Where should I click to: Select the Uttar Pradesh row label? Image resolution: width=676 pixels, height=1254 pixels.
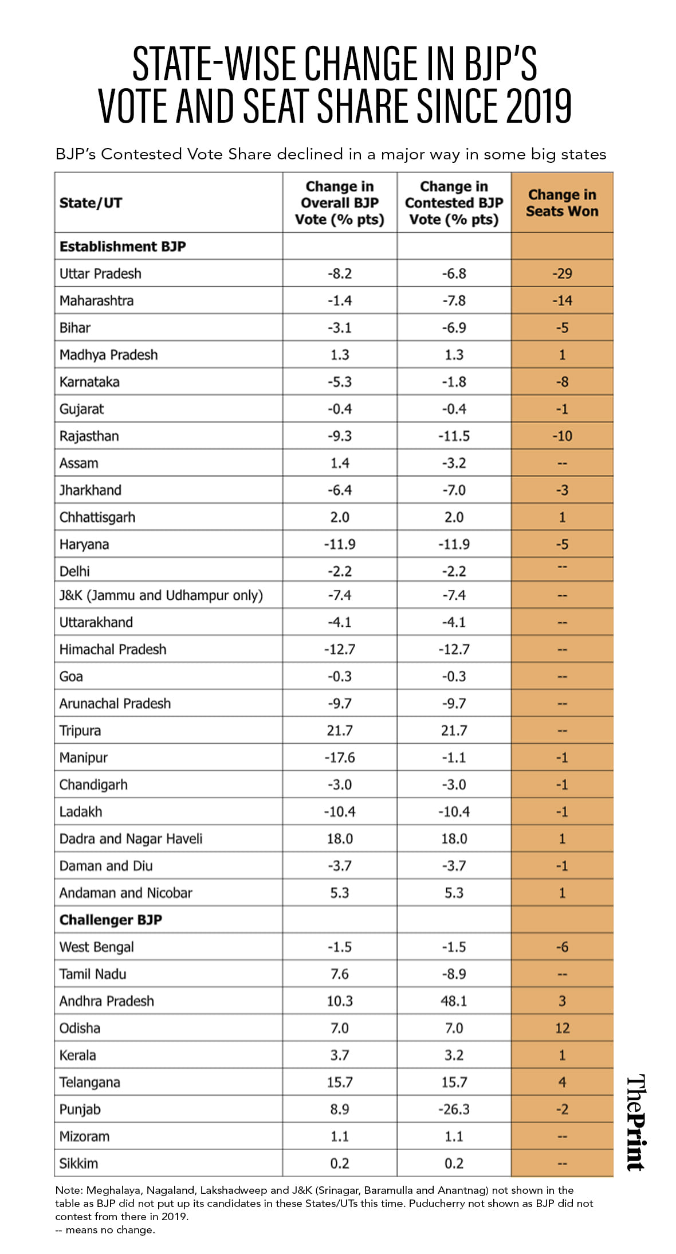[x=100, y=274]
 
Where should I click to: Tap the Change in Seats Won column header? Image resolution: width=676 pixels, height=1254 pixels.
[x=562, y=203]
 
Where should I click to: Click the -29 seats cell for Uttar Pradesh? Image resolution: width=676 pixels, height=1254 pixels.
[x=562, y=274]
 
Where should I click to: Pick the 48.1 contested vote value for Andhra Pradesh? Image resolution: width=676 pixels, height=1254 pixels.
[x=454, y=1001]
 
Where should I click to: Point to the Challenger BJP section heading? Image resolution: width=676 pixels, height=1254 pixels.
[x=111, y=920]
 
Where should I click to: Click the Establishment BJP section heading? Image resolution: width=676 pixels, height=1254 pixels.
[x=123, y=247]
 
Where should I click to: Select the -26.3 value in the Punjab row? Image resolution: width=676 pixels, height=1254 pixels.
[x=454, y=1110]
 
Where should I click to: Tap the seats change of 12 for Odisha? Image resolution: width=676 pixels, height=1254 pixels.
[x=562, y=1028]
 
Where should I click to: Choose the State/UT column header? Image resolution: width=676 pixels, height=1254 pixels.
[x=91, y=203]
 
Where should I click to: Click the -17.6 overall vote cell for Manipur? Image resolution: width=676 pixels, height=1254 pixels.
[x=340, y=757]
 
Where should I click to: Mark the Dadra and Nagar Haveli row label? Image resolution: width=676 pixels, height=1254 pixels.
[x=131, y=839]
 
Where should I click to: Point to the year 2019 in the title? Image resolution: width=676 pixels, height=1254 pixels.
[x=539, y=106]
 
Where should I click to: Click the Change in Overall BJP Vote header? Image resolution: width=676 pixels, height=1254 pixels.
[x=340, y=203]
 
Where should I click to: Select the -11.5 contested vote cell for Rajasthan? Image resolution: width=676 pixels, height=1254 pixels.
[x=454, y=436]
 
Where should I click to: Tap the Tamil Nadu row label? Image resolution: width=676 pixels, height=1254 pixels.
[x=93, y=974]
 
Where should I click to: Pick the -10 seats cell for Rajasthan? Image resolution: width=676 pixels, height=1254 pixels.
[x=562, y=436]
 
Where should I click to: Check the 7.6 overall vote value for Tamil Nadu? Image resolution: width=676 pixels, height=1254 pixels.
[x=340, y=974]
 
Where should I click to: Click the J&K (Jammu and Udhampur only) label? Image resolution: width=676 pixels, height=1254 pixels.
[x=161, y=595]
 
